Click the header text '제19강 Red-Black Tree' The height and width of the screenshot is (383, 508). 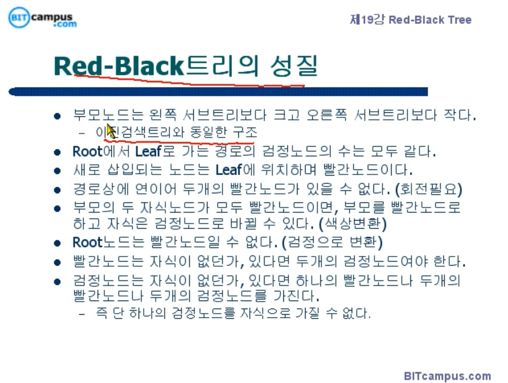pyautogui.click(x=410, y=20)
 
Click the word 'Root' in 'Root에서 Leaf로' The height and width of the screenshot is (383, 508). pyautogui.click(x=87, y=151)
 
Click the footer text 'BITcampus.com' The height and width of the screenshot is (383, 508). pyautogui.click(x=447, y=376)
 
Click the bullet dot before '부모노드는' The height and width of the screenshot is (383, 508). pyautogui.click(x=58, y=115)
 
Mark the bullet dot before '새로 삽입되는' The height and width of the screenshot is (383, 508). pyautogui.click(x=58, y=170)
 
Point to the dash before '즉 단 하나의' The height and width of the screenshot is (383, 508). pyautogui.click(x=82, y=314)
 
